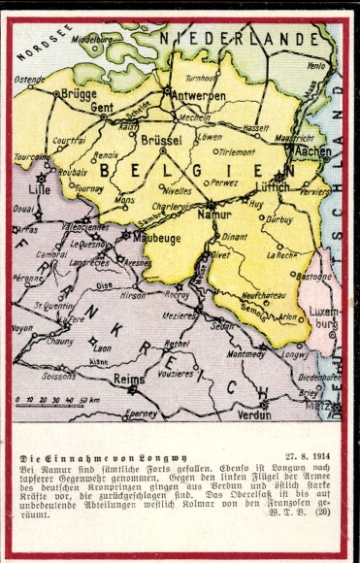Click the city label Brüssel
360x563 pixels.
coord(162,141)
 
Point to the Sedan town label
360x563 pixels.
coord(222,325)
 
